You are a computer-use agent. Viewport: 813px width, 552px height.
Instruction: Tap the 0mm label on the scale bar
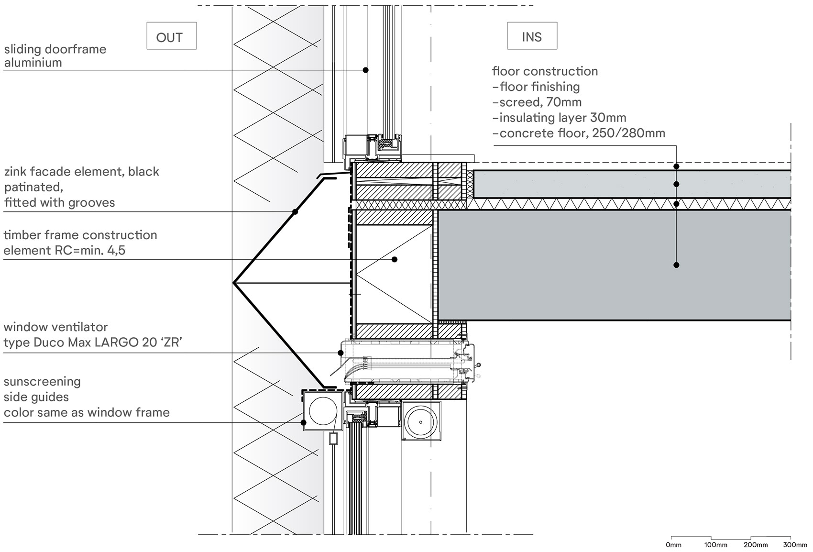click(x=674, y=545)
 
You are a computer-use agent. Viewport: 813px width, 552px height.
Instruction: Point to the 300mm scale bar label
click(x=795, y=545)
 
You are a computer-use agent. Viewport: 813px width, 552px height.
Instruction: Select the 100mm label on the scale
click(x=716, y=545)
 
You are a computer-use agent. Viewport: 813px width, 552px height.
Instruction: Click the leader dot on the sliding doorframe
click(x=365, y=70)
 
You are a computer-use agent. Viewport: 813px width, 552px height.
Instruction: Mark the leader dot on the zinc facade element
click(x=295, y=211)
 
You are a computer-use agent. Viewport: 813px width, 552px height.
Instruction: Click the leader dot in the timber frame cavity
click(x=395, y=259)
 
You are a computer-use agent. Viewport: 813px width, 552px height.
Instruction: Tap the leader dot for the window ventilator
click(x=341, y=353)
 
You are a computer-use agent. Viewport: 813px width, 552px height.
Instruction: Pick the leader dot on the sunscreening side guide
click(x=303, y=422)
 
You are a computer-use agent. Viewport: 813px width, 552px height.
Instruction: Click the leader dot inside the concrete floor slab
click(x=676, y=265)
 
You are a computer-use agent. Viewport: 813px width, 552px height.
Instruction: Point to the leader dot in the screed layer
click(x=676, y=184)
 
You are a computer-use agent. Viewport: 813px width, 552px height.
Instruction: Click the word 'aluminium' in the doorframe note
click(x=33, y=63)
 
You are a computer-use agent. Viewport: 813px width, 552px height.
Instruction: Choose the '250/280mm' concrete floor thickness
click(x=628, y=133)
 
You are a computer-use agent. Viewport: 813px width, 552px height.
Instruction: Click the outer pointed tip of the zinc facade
click(x=233, y=283)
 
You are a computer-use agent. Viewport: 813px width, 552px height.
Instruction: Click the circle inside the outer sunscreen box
click(x=323, y=411)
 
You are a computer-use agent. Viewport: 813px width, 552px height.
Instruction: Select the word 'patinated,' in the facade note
click(x=34, y=187)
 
